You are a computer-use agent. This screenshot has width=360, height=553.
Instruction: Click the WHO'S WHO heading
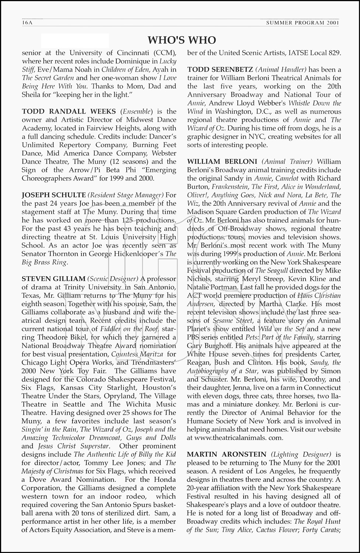pos(182,40)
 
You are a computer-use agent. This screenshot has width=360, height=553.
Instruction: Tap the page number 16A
pos(28,23)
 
